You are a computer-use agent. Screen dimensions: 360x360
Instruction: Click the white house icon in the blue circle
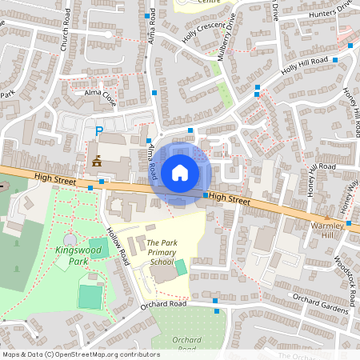[180, 172]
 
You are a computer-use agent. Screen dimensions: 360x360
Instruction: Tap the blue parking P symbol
[99, 131]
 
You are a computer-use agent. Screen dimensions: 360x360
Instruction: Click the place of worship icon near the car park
[97, 161]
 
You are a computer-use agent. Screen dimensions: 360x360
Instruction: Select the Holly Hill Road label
[305, 64]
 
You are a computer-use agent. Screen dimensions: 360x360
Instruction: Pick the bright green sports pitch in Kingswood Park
[90, 296]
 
